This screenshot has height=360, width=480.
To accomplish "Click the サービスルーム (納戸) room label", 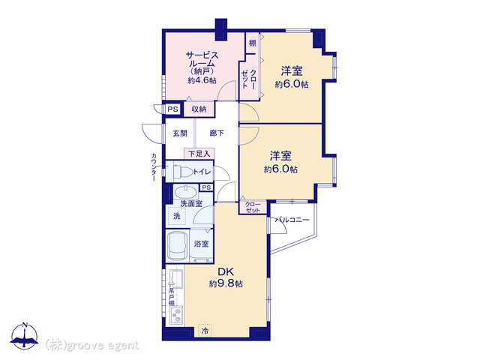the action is pyautogui.click(x=202, y=63).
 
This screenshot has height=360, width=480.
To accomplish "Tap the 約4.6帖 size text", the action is pyautogui.click(x=202, y=80).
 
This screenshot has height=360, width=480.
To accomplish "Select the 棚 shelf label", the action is pyautogui.click(x=252, y=43).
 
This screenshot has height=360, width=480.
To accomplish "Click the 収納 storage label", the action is pyautogui.click(x=199, y=109).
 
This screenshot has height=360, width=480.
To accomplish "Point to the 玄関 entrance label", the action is pyautogui.click(x=180, y=133).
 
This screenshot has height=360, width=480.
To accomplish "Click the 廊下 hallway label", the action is pyautogui.click(x=217, y=133).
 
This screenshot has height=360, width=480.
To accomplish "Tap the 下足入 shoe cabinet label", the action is pyautogui.click(x=199, y=153).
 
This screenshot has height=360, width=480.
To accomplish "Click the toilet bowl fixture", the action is pyautogui.click(x=183, y=172).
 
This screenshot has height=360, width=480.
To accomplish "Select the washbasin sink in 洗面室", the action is pyautogui.click(x=185, y=193).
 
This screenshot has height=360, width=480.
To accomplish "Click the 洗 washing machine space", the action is pyautogui.click(x=177, y=216).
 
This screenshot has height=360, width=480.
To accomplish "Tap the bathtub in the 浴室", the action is pyautogui.click(x=177, y=246).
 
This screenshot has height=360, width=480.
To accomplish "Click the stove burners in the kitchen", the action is pyautogui.click(x=177, y=315).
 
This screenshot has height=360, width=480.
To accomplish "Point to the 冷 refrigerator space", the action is pyautogui.click(x=205, y=331).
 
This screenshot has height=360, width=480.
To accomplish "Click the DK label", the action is pyautogui.click(x=226, y=271).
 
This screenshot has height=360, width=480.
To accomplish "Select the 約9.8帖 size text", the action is pyautogui.click(x=226, y=283).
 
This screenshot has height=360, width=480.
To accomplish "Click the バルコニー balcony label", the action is pyautogui.click(x=292, y=220).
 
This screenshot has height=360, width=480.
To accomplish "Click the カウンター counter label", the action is pyautogui.click(x=154, y=167).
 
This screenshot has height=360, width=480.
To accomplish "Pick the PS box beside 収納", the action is pyautogui.click(x=173, y=109).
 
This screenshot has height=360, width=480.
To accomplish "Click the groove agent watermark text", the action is pyautogui.click(x=92, y=346).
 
